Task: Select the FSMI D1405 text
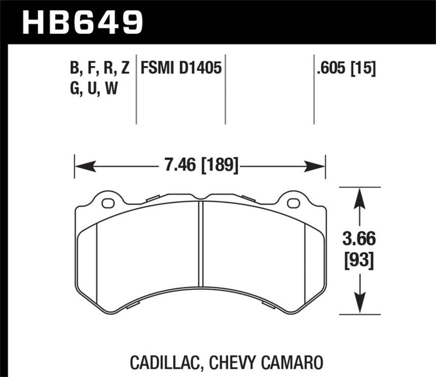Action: pyautogui.click(x=182, y=68)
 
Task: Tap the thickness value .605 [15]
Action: pyautogui.click(x=345, y=68)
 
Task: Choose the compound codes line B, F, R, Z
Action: pyautogui.click(x=100, y=68)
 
